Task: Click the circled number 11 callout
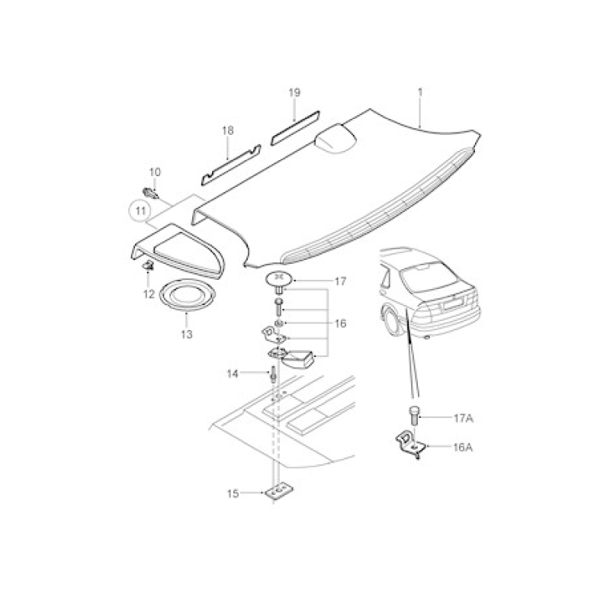tap(140, 211)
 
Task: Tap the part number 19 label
tap(294, 92)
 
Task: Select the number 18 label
tap(228, 130)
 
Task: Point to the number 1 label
tap(420, 92)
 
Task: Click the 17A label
tap(464, 418)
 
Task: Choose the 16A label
tap(463, 448)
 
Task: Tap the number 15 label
tap(233, 493)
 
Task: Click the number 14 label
tap(233, 374)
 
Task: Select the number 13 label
tap(187, 334)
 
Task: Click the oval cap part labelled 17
tap(278, 280)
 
